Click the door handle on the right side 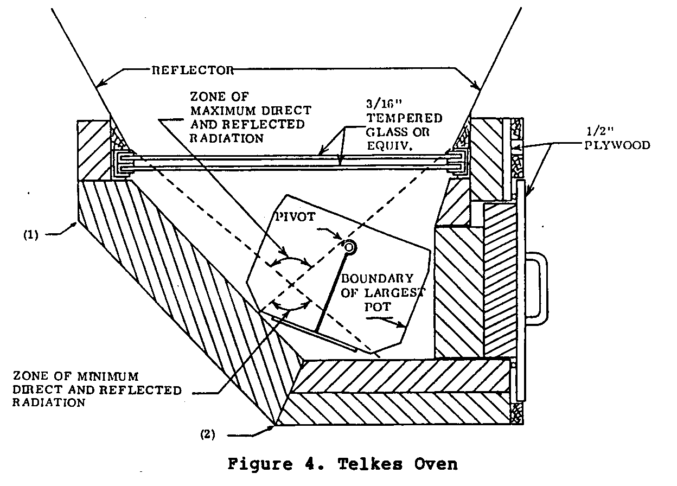[538, 289]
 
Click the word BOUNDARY [376, 279]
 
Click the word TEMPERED [414, 118]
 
